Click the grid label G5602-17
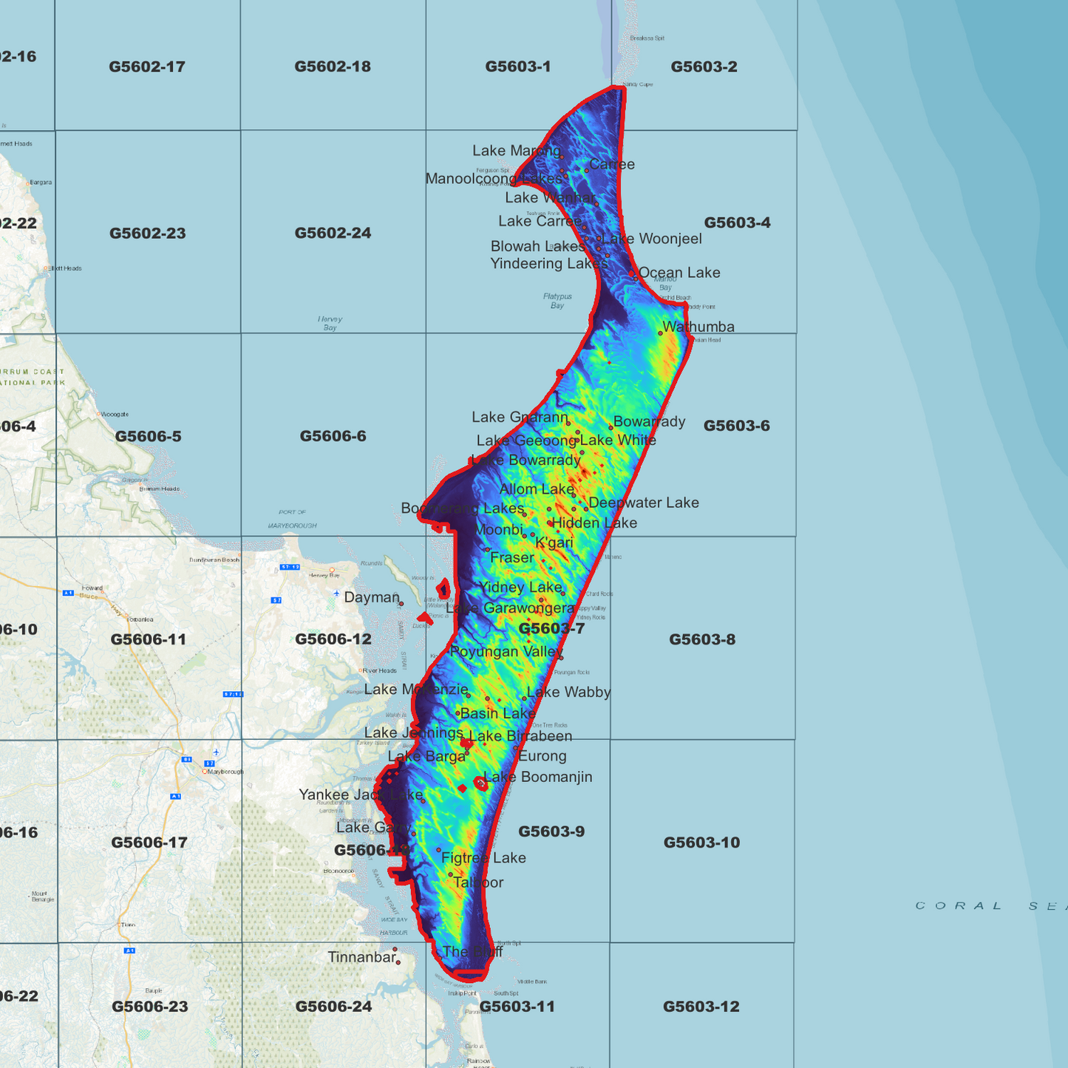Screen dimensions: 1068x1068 146,67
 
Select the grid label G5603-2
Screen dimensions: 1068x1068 704,67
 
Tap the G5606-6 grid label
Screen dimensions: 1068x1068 333,436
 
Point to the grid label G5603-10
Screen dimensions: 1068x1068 701,843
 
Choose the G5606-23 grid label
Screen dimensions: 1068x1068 149,1007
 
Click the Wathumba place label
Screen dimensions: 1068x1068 698,327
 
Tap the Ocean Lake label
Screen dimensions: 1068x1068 679,273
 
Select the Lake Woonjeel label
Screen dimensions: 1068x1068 652,239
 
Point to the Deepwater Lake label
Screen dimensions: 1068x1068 644,503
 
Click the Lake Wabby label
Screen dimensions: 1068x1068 569,693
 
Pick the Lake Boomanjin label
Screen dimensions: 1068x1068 538,777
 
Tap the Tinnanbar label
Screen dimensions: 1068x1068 362,957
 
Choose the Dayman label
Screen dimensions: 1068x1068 372,597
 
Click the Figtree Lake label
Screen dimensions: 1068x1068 483,858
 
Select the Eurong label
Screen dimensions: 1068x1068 542,756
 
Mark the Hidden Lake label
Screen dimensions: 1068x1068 594,523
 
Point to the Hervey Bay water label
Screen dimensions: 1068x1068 330,323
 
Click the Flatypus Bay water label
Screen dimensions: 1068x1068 557,301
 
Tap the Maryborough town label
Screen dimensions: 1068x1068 225,772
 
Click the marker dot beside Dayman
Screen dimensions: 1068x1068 401,604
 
